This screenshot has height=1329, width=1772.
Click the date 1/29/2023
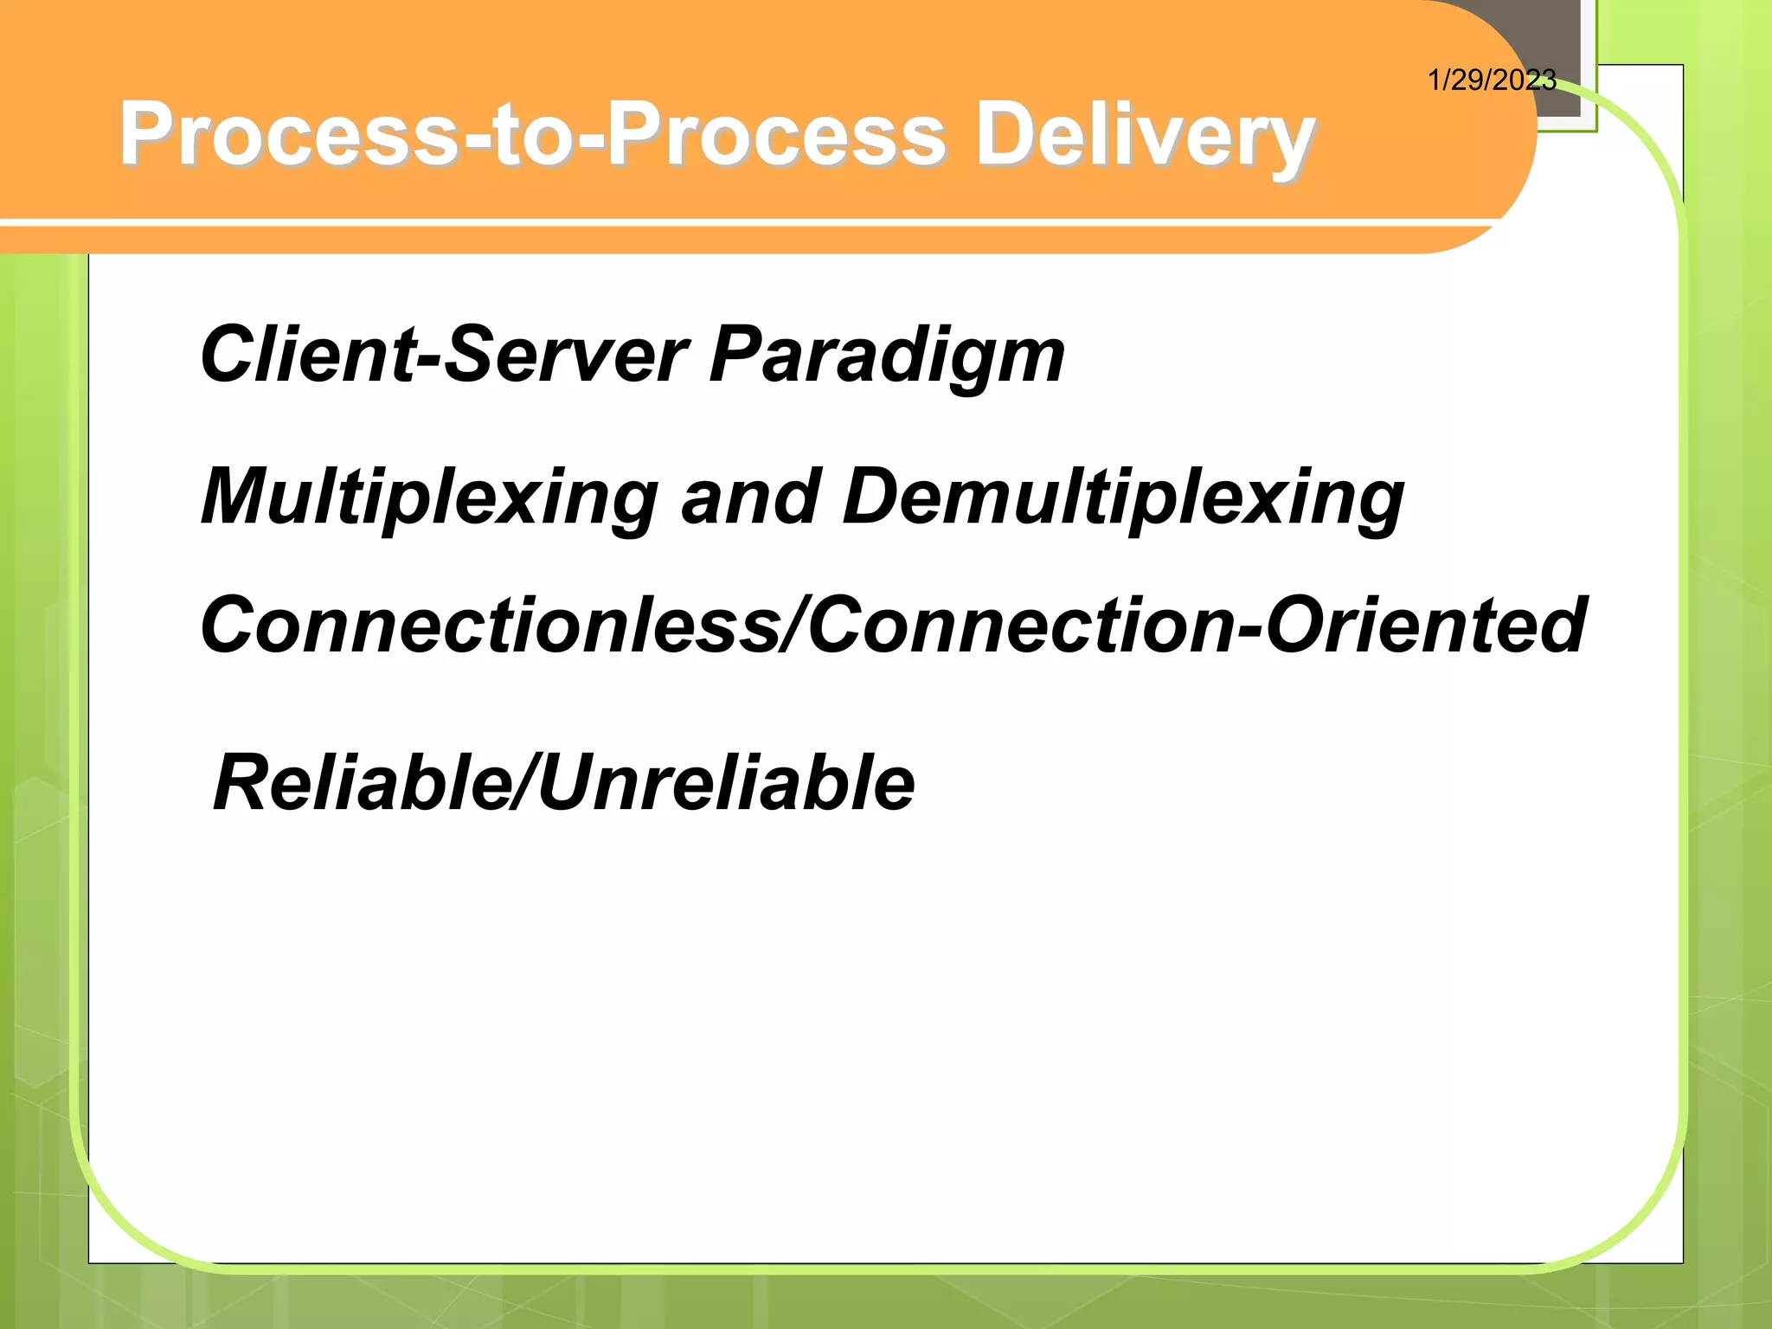1491,80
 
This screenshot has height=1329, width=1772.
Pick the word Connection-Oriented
1197,626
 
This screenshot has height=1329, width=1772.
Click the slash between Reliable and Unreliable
524,783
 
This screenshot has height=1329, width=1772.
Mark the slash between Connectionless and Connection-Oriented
795,626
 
